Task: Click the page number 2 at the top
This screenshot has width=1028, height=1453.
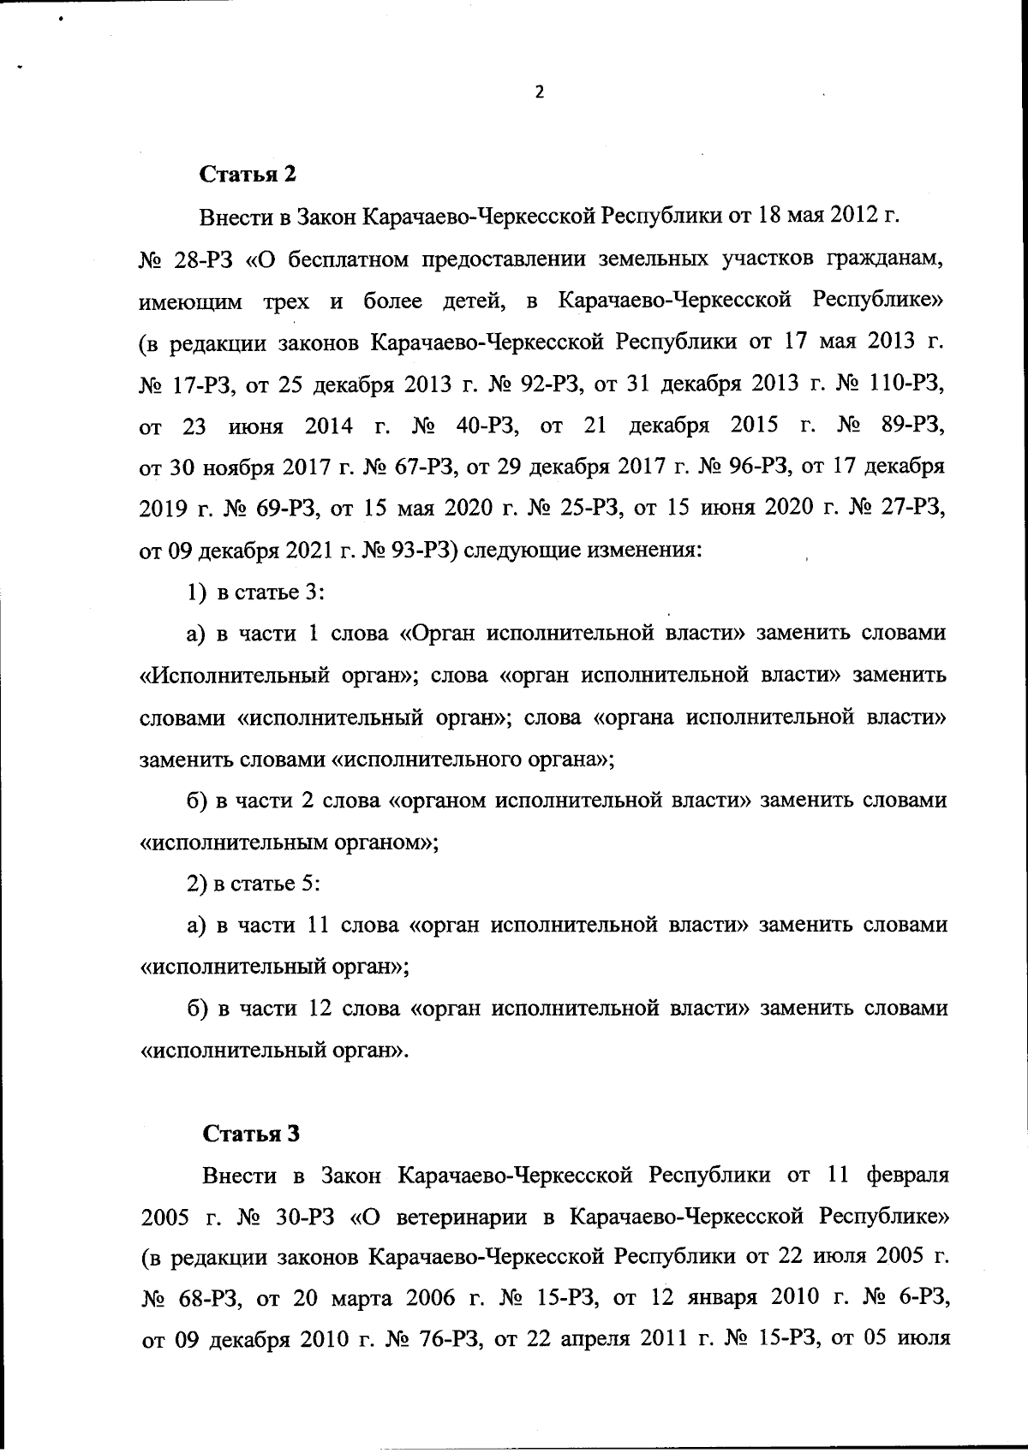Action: [539, 92]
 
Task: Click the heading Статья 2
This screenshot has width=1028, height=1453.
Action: [248, 174]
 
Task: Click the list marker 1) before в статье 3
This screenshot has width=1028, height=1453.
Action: [196, 593]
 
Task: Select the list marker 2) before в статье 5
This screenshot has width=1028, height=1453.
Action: [196, 884]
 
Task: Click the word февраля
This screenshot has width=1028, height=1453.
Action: [907, 1175]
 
